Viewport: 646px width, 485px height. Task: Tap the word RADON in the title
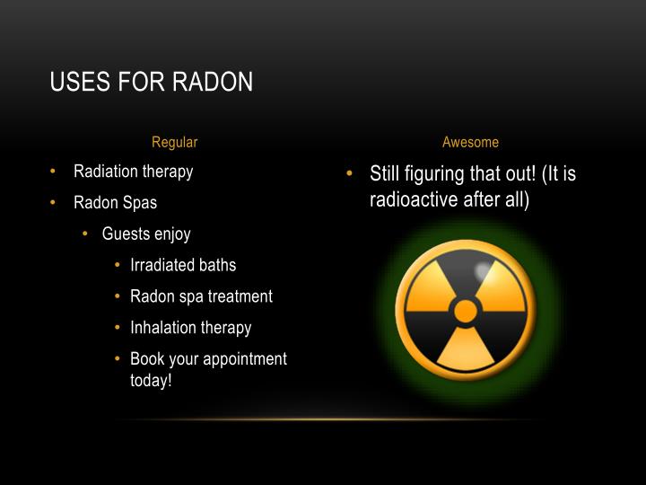point(212,83)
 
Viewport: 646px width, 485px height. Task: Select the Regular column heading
point(174,142)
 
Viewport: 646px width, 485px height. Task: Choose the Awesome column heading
point(470,142)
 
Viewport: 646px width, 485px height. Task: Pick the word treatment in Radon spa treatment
point(240,296)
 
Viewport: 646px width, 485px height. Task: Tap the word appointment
point(243,359)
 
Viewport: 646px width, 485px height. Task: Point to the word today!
point(150,380)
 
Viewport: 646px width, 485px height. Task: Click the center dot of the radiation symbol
point(466,312)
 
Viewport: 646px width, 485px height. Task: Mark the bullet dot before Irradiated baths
point(118,265)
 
